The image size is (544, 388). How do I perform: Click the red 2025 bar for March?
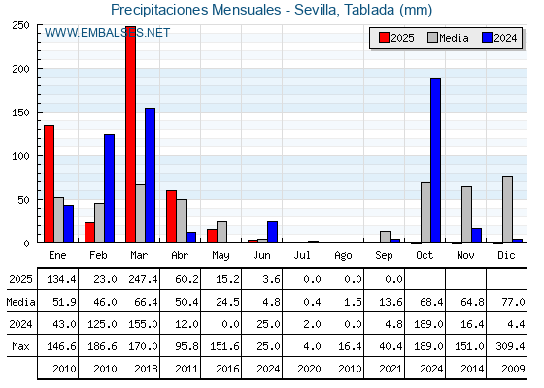(x=131, y=135)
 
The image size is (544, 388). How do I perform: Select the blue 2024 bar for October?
(x=436, y=160)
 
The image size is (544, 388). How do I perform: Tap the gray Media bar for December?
(x=507, y=210)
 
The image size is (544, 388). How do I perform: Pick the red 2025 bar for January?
(x=49, y=184)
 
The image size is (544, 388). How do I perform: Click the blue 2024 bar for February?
(x=109, y=188)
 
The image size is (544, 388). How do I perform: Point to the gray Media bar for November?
(x=466, y=214)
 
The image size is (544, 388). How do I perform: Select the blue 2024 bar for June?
(x=272, y=232)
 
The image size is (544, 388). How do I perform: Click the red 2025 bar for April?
(x=171, y=216)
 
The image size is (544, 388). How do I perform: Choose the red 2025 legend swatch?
(x=384, y=38)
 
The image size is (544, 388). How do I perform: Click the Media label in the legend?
(x=454, y=38)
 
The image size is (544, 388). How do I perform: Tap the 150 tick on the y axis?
(x=20, y=113)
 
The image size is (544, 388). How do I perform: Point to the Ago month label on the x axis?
(x=343, y=256)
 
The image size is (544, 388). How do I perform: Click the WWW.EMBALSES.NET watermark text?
(x=107, y=33)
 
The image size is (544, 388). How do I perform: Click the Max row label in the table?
(x=20, y=346)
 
